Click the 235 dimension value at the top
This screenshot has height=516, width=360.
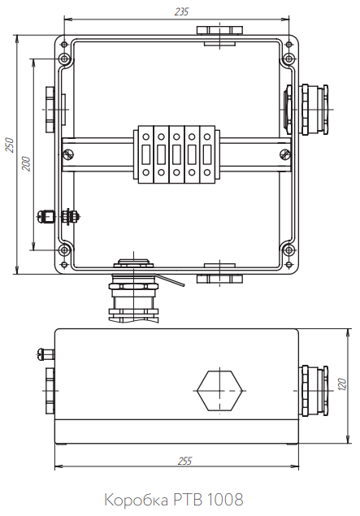point(181,12)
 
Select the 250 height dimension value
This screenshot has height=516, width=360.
point(10,145)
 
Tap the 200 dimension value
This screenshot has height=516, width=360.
point(26,163)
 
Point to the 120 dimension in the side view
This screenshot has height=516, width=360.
point(342,384)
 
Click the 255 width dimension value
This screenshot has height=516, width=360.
point(184,461)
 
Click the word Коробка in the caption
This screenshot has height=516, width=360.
point(136,500)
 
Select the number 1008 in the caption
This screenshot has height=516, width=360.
point(225,499)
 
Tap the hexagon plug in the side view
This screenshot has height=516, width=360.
point(219,391)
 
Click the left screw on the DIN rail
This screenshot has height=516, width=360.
point(68,154)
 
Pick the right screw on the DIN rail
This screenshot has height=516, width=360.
point(284,154)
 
